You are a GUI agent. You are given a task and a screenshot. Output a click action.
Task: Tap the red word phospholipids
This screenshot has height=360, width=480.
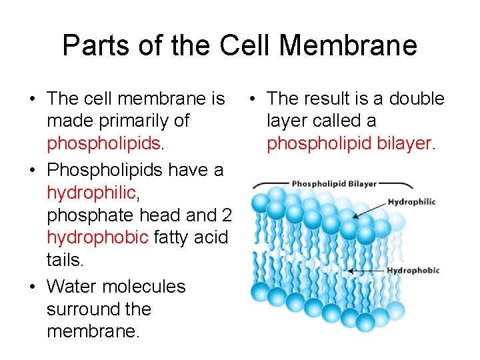pyautogui.click(x=103, y=144)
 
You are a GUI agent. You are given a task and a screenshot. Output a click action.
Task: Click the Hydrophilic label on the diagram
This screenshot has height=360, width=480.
pyautogui.click(x=411, y=202)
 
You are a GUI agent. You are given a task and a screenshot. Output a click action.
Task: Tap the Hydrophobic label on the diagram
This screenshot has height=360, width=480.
pyautogui.click(x=413, y=271)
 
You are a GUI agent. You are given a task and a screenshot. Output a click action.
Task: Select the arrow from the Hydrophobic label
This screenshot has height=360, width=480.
pyautogui.click(x=366, y=271)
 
